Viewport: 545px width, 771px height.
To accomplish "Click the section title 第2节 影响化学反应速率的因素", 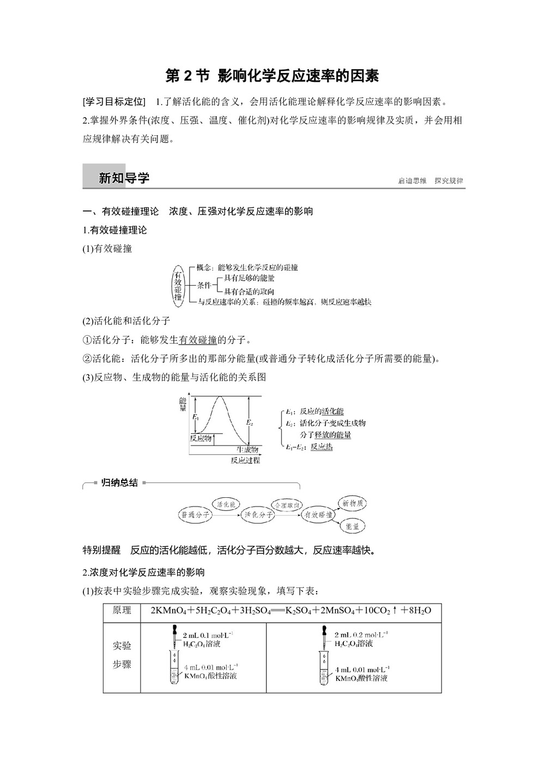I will click(x=272, y=76).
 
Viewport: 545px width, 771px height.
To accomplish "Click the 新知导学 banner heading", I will click(x=124, y=178).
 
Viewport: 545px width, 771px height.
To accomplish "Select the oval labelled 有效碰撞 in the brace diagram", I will click(x=178, y=285).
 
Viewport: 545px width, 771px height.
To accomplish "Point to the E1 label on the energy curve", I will click(x=195, y=417).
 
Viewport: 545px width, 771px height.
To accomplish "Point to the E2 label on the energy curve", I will click(x=250, y=422).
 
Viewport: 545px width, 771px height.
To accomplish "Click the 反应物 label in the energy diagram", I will click(x=201, y=438).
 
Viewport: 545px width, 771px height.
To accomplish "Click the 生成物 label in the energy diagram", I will click(x=247, y=450).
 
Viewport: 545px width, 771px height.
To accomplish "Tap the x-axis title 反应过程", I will click(x=245, y=460).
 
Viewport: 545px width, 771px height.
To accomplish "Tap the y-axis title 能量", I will click(x=183, y=404).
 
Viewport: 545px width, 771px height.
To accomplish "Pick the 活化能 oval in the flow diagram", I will click(x=226, y=504).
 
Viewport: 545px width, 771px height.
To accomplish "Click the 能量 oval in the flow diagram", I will click(x=352, y=526).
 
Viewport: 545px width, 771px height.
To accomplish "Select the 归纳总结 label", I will click(x=119, y=483).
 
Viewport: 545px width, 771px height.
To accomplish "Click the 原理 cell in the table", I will click(x=122, y=610).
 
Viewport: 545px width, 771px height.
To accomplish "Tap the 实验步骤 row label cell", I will click(x=122, y=655).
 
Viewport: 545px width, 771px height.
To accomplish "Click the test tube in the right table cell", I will click(x=324, y=671).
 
